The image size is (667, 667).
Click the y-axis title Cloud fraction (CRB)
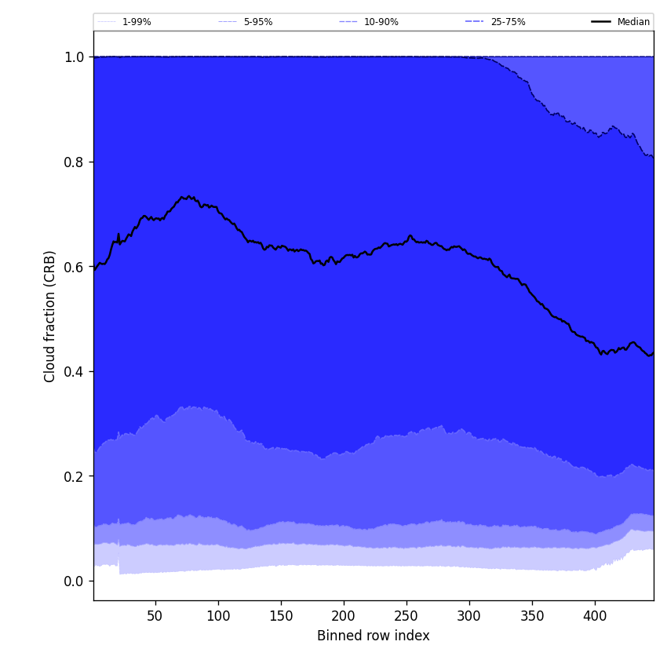point(50,316)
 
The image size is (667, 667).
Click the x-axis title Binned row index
point(373,636)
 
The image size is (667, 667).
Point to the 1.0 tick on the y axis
point(74,57)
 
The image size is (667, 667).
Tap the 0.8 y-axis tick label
point(74,162)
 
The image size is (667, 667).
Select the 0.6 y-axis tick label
point(74,267)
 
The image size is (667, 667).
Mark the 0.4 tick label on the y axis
point(74,371)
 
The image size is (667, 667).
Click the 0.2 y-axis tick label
point(74,476)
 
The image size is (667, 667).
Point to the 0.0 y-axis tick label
point(74,581)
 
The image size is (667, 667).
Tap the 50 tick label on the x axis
point(155,616)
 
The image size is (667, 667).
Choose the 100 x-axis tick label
point(218,616)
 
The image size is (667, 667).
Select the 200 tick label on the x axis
point(344,616)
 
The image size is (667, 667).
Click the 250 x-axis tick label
point(406,616)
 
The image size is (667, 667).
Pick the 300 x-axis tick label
point(469,616)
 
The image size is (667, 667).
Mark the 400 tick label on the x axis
point(595,616)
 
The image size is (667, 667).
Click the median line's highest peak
point(188,196)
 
